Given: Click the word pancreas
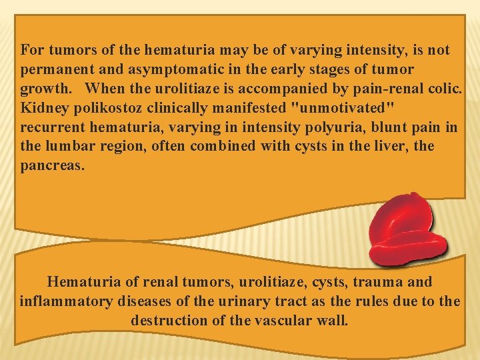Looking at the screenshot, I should point(52,165).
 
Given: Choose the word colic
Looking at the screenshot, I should point(443,89).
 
